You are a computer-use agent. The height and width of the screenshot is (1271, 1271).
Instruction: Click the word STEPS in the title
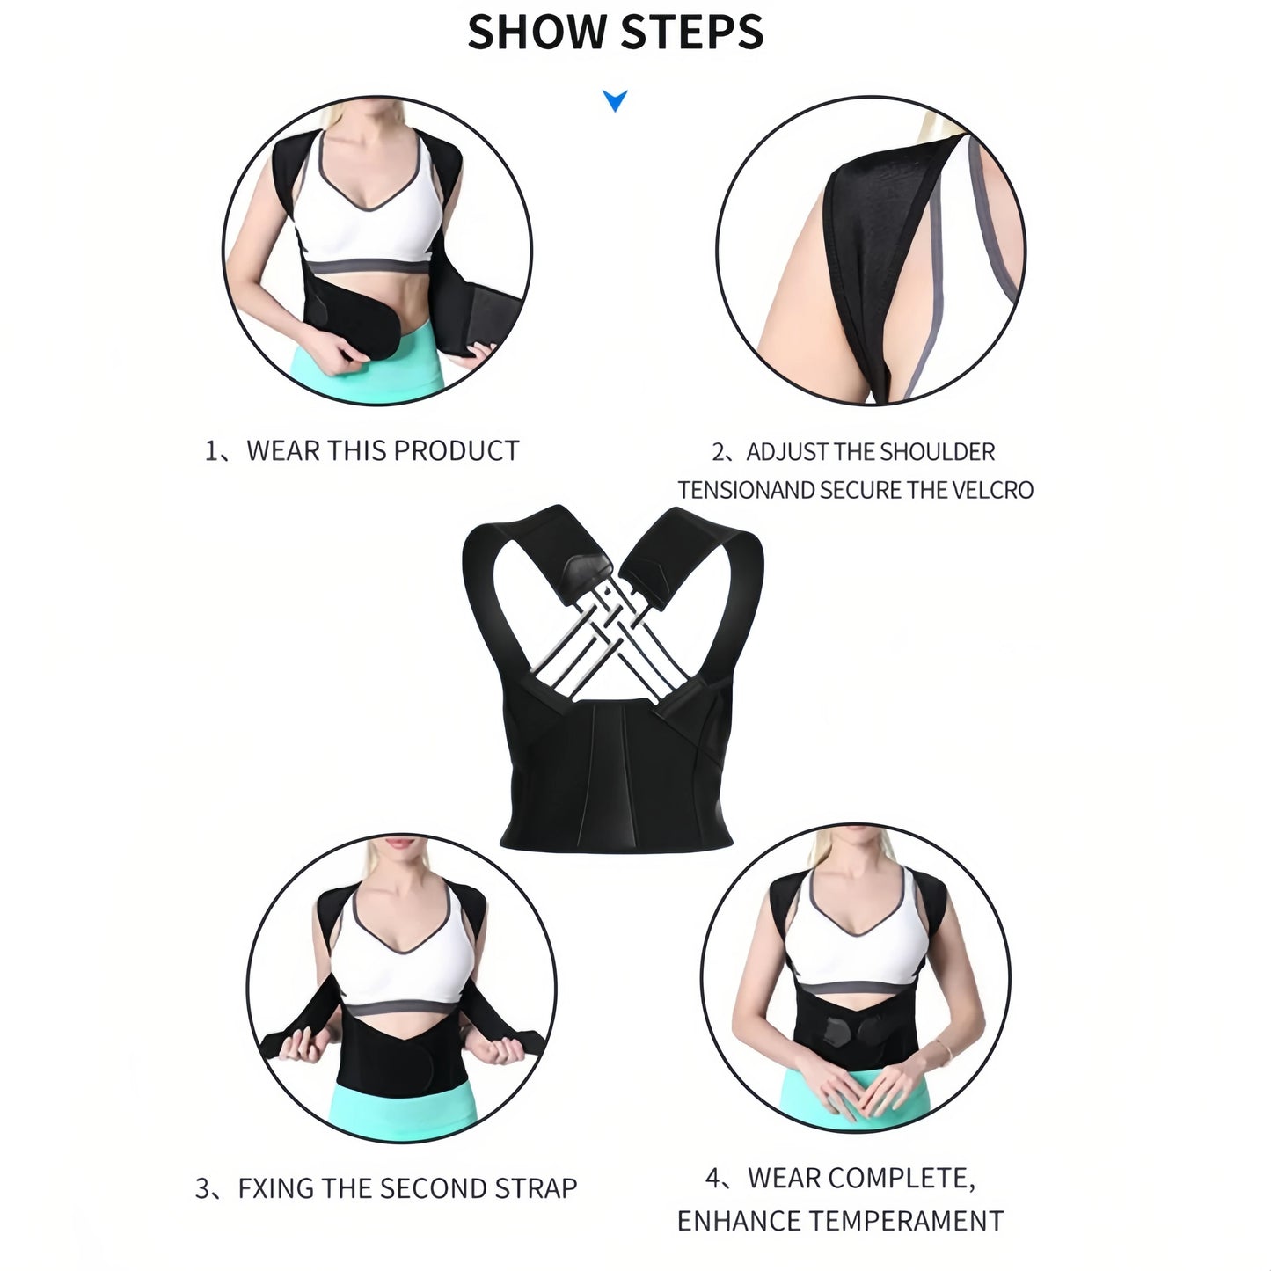click(x=691, y=32)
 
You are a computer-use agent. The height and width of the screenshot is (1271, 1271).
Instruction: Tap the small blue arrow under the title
click(x=616, y=100)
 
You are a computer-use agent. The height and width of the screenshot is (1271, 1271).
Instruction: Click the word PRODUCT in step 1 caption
click(x=456, y=451)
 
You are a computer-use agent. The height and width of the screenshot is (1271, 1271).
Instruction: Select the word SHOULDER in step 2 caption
click(x=937, y=452)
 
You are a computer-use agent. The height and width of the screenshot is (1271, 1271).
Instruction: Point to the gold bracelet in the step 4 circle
click(x=944, y=1048)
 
